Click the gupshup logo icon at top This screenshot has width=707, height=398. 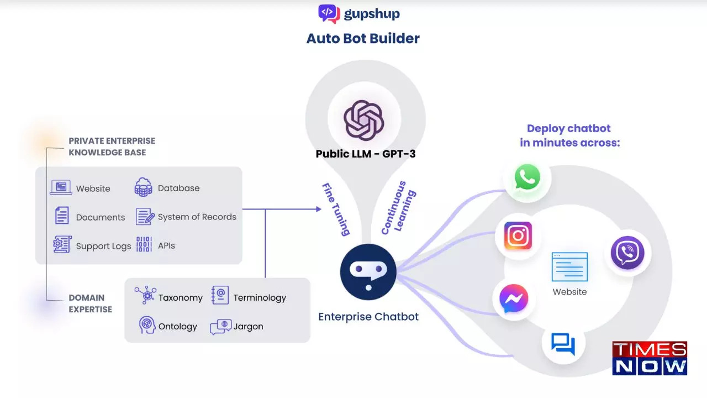329,13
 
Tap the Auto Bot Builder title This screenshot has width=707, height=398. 363,39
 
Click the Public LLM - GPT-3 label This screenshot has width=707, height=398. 366,154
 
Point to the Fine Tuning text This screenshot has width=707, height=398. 336,209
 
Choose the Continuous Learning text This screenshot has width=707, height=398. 399,208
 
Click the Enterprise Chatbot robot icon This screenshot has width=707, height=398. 368,271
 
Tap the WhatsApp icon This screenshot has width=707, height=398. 527,178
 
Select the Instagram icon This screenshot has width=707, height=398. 518,236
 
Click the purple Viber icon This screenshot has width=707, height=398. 627,253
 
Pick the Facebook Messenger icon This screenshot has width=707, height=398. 514,300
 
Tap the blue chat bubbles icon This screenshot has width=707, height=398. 563,344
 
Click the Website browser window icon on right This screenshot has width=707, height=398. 569,267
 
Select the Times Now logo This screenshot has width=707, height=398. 650,358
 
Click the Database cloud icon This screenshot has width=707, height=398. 144,188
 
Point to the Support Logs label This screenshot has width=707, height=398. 103,246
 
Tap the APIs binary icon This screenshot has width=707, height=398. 144,245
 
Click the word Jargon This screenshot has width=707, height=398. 248,327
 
